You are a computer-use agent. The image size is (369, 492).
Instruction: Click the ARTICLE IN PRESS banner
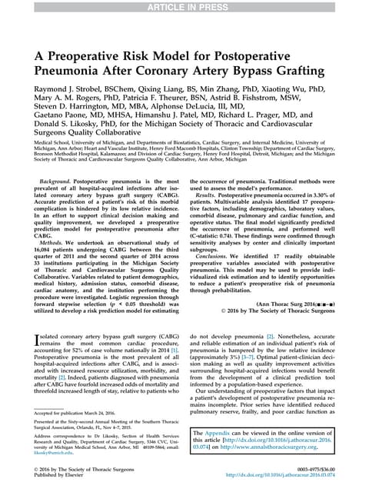click(x=184, y=7)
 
